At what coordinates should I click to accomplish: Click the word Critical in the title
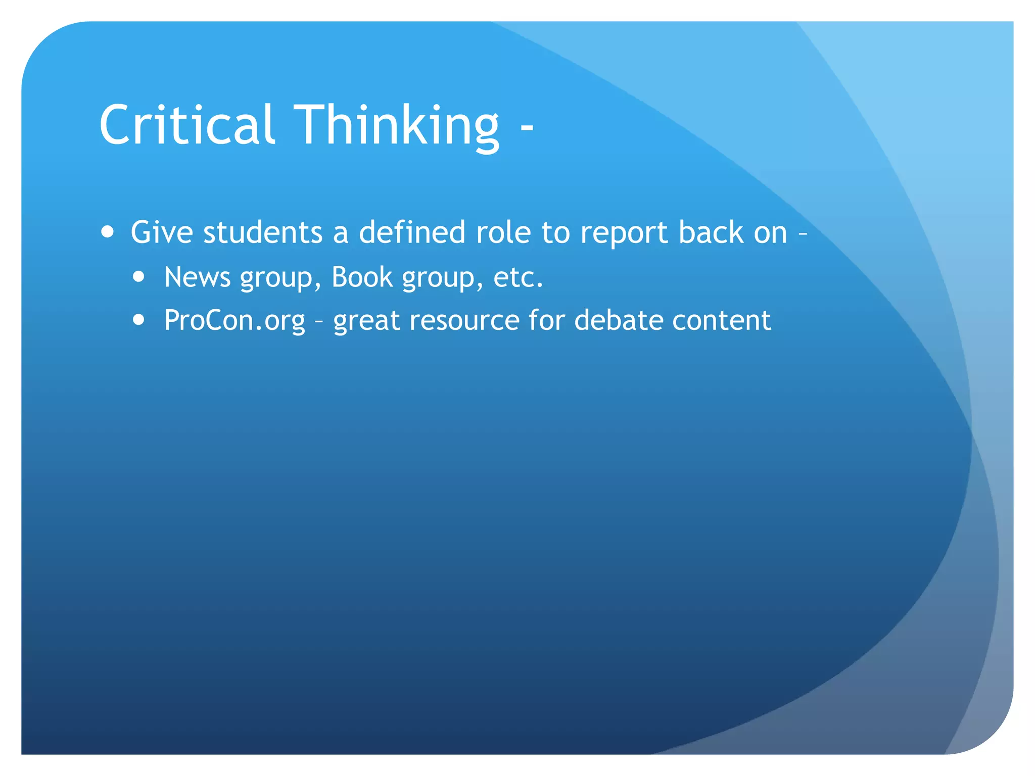(187, 124)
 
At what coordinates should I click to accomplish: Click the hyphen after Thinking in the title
(527, 128)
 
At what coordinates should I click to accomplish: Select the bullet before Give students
(107, 232)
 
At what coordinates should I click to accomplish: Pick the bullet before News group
(139, 277)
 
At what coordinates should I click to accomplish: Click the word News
(197, 277)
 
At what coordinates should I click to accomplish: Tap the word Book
(362, 277)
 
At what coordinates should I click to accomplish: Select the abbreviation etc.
(517, 277)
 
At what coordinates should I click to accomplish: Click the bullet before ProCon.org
(139, 320)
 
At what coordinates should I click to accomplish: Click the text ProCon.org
(234, 321)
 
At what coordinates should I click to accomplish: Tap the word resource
(464, 320)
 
